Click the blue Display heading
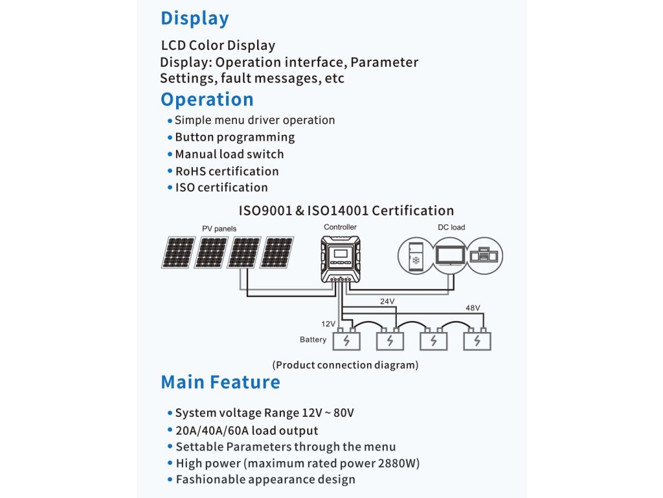(x=194, y=19)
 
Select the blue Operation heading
(x=207, y=100)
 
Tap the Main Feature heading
(x=220, y=382)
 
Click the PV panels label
(x=219, y=229)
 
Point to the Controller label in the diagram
(x=341, y=227)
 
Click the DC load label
(x=451, y=228)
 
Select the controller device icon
(x=341, y=259)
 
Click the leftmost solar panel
(x=179, y=252)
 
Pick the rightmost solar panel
(x=277, y=252)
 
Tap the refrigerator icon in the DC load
(x=416, y=255)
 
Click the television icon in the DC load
(x=451, y=256)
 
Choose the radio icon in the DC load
(x=484, y=255)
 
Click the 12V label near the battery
(x=328, y=324)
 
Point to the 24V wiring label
(x=387, y=302)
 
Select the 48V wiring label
(x=473, y=308)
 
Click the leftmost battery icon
(x=347, y=339)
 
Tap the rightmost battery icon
(x=477, y=339)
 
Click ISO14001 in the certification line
(x=337, y=211)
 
